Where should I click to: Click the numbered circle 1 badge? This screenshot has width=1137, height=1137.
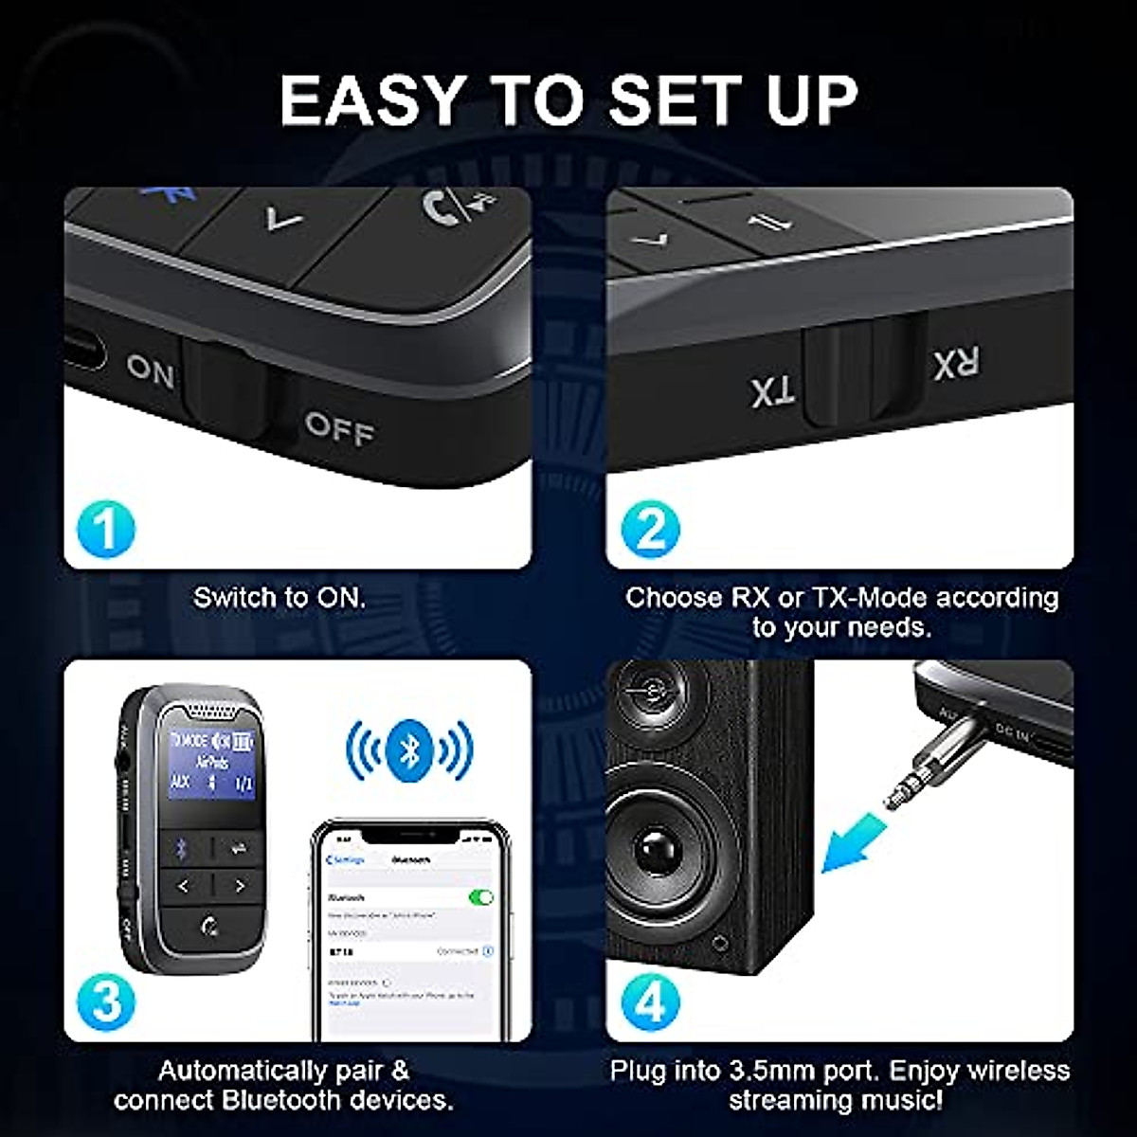pyautogui.click(x=106, y=529)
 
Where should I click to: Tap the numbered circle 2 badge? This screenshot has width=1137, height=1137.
pyautogui.click(x=650, y=529)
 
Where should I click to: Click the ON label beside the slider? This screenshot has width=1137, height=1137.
pyautogui.click(x=151, y=370)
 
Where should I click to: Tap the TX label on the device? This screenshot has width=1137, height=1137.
pyautogui.click(x=773, y=391)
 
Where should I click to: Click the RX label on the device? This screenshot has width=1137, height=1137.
pyautogui.click(x=956, y=363)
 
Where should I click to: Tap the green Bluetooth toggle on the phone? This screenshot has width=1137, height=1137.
pyautogui.click(x=481, y=896)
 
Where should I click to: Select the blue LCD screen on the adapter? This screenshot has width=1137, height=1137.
pyautogui.click(x=211, y=761)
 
